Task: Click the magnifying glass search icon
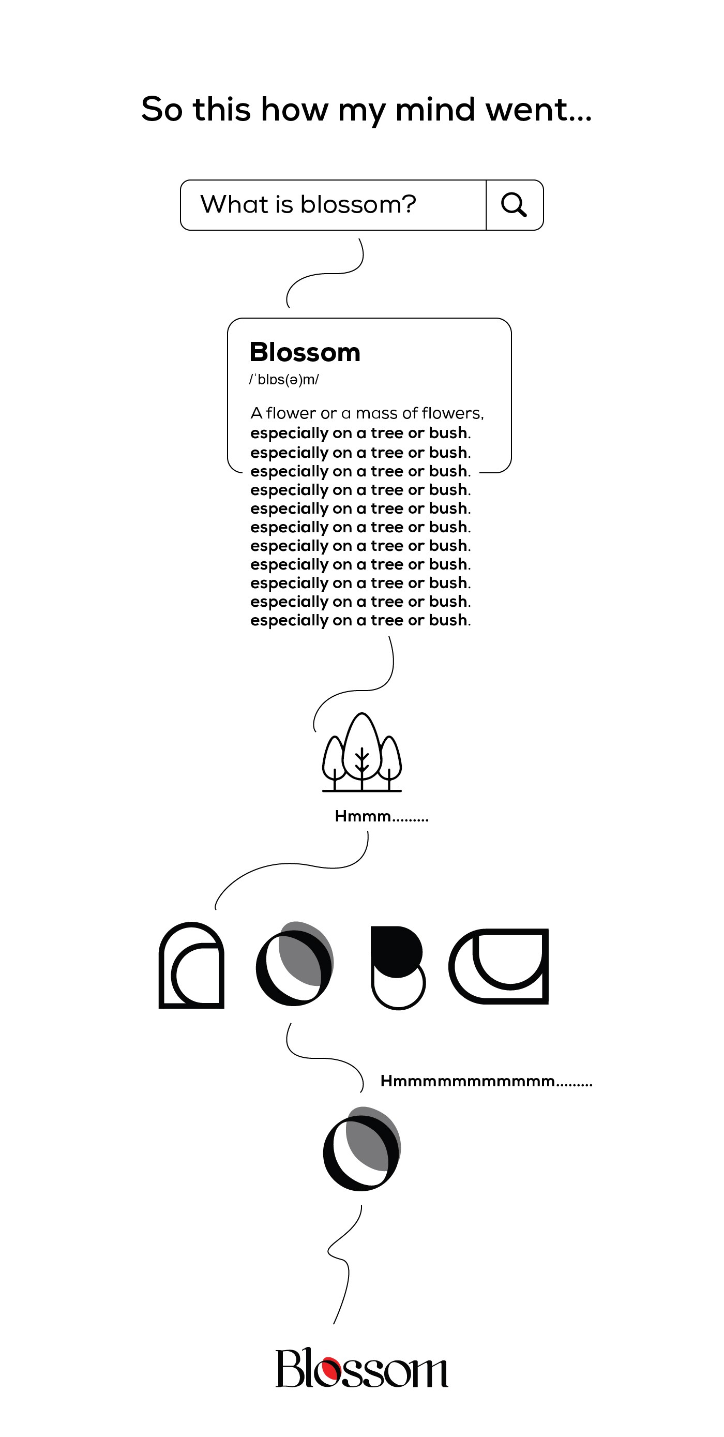point(514,205)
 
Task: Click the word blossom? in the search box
point(358,205)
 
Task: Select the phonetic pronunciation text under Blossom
point(284,380)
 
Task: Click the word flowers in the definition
point(452,413)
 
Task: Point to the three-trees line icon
point(362,753)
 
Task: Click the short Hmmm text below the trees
point(382,817)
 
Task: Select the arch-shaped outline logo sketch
point(191,965)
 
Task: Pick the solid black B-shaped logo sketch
point(397,967)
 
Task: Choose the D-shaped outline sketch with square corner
point(499,966)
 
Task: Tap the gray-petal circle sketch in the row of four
point(294,963)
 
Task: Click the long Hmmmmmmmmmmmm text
point(486,1081)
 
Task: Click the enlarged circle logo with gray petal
point(361,1148)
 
